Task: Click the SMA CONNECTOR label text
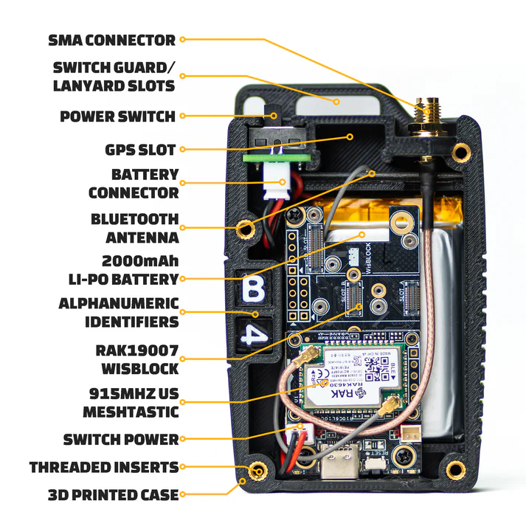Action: coord(112,40)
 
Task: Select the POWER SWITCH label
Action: coord(117,117)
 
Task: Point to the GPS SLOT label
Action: coord(140,150)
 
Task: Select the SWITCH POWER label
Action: coord(121,440)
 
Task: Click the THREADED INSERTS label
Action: coord(104,467)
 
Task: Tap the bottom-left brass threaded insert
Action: coord(258,470)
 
